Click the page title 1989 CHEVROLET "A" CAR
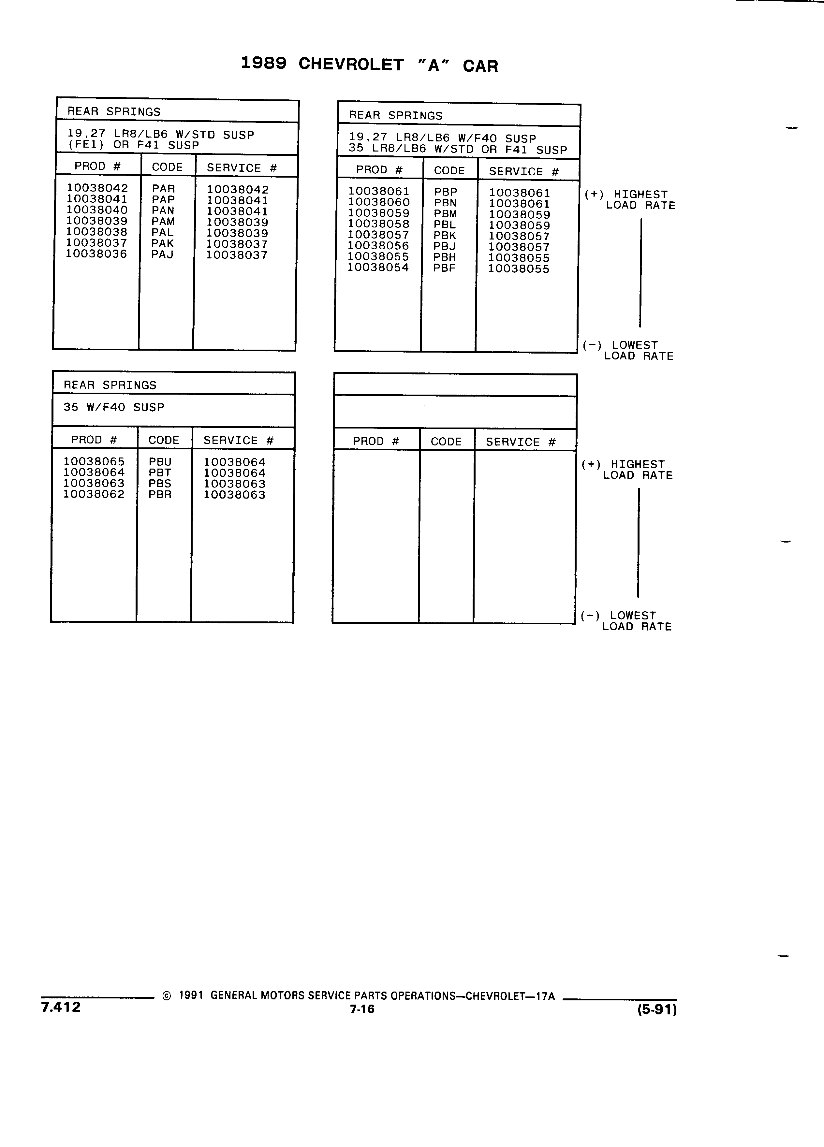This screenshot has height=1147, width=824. (369, 64)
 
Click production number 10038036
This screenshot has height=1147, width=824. (96, 254)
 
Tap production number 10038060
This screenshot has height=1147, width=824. (379, 202)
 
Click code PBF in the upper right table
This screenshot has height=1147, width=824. (444, 268)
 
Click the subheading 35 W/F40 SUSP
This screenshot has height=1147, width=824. (114, 407)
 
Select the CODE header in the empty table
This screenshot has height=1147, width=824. (446, 442)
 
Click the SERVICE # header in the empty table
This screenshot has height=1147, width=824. (521, 442)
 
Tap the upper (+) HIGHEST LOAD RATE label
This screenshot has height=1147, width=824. (630, 200)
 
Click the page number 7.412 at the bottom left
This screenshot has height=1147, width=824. (61, 1007)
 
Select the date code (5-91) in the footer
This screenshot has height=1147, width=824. (657, 1009)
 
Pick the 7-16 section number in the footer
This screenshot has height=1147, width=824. (362, 1009)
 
